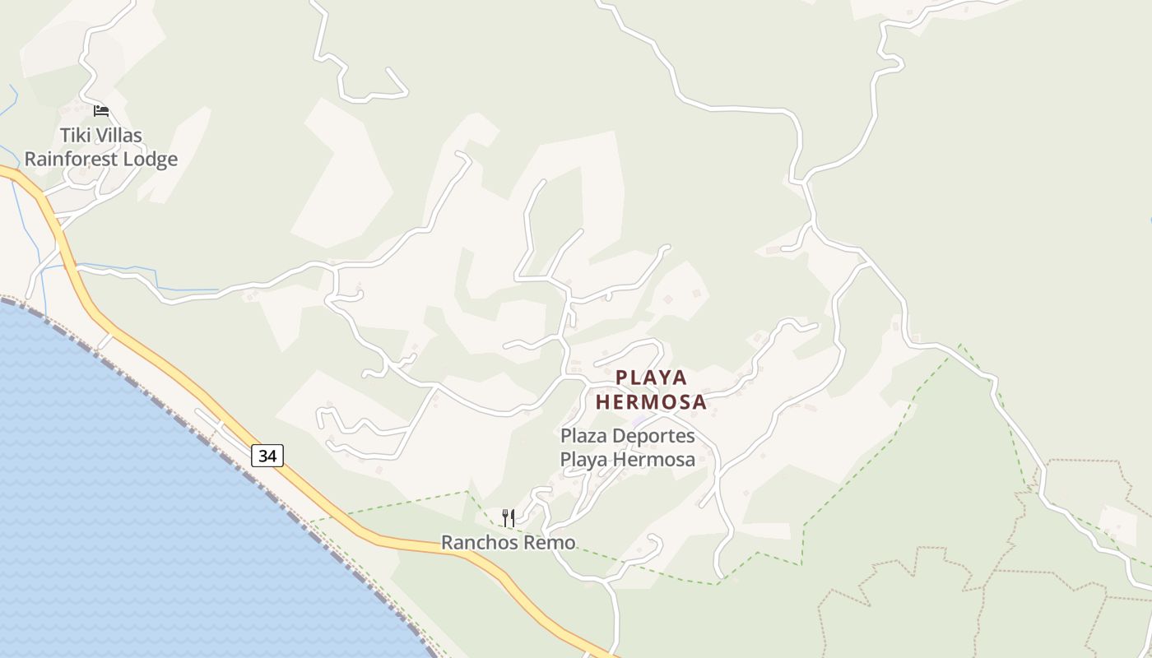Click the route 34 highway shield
267,456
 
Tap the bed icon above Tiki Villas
101,110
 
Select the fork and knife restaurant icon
509,517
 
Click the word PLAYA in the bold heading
652,378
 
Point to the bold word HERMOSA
651,402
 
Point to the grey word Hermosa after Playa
655,460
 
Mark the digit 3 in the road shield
262,456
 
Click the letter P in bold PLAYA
622,378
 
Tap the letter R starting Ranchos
448,543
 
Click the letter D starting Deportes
620,435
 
